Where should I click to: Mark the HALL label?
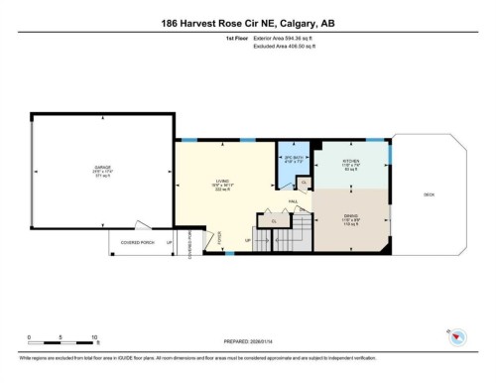(x=294, y=201)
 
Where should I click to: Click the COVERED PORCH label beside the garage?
(x=135, y=240)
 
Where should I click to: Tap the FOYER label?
(x=206, y=235)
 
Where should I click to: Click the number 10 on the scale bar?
(x=95, y=336)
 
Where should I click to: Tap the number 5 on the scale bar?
(x=62, y=336)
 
